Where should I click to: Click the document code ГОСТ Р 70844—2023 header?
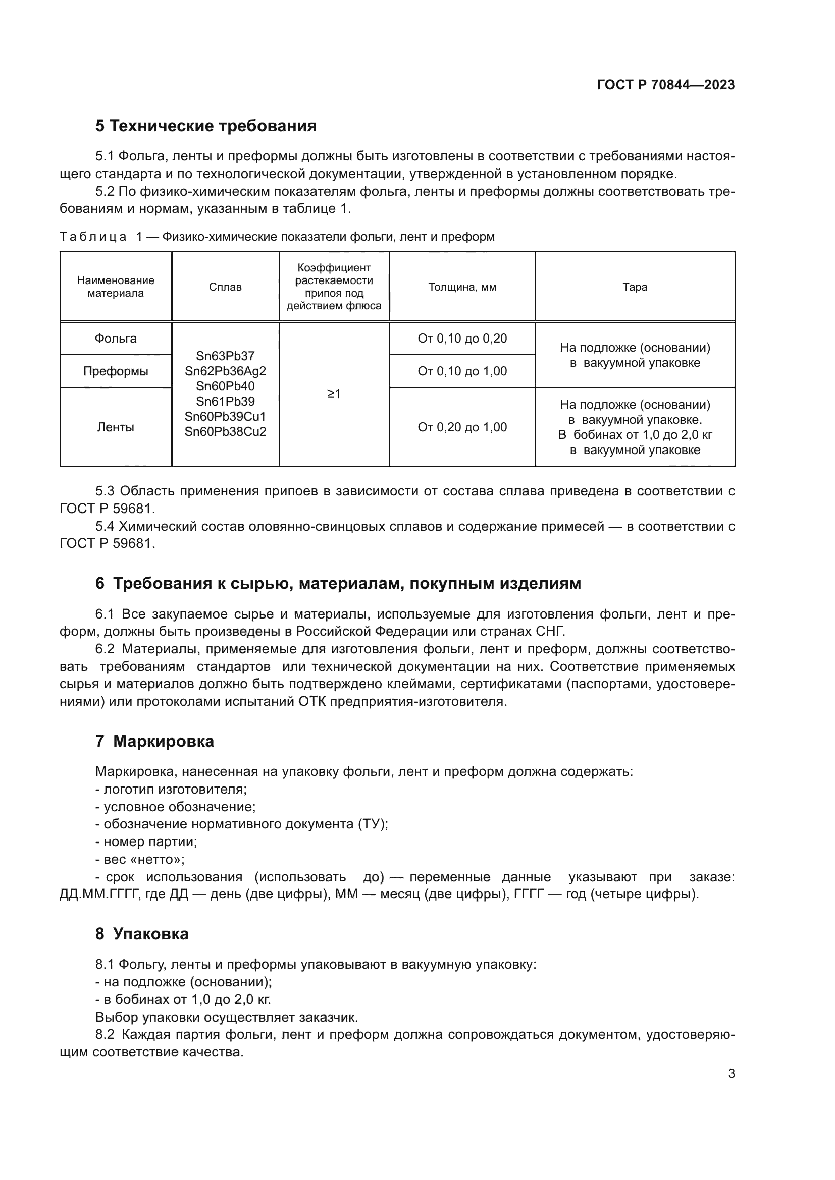click(665, 85)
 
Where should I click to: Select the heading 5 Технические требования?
click(205, 126)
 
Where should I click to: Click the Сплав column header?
click(225, 287)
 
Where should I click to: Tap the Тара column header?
click(635, 287)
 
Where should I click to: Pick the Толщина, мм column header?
click(462, 287)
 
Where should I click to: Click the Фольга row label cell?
click(116, 339)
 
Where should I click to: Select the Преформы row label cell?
click(116, 371)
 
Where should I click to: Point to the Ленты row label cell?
click(116, 427)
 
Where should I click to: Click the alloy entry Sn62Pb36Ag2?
click(225, 371)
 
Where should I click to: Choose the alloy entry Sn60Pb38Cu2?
click(225, 432)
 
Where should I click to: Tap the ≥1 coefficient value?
click(334, 394)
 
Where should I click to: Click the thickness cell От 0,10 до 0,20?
click(462, 339)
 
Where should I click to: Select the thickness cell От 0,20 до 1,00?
click(462, 427)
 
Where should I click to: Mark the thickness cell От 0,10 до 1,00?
click(462, 371)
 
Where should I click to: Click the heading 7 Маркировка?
click(155, 741)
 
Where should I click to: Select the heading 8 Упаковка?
click(142, 934)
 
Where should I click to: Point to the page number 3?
click(731, 1074)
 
